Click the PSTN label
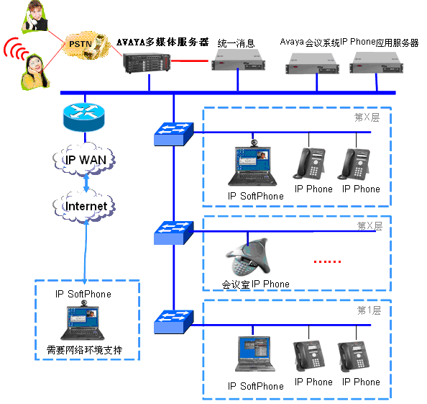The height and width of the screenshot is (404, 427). click(80, 44)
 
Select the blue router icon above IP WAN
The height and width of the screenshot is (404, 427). click(84, 117)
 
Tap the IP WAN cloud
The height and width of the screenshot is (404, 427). click(84, 160)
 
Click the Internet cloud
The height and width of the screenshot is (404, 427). click(84, 206)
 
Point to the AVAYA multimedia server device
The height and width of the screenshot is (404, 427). click(147, 63)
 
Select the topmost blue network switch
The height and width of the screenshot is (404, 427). click(174, 134)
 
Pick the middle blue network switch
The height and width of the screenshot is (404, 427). click(174, 233)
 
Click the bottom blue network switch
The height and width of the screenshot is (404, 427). click(174, 322)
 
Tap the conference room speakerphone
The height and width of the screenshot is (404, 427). click(248, 257)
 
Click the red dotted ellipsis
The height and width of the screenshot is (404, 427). click(327, 261)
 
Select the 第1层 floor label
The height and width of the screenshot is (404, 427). click(369, 310)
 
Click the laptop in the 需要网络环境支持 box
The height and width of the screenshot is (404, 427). click(83, 320)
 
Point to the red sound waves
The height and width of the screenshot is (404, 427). click(15, 48)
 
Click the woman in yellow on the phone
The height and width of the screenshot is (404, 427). click(35, 72)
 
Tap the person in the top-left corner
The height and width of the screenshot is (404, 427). click(35, 16)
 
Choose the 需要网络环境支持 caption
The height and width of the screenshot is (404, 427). click(84, 350)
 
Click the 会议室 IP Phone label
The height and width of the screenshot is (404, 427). click(255, 284)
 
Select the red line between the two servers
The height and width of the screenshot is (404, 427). click(190, 60)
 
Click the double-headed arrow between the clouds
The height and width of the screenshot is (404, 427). click(86, 183)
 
